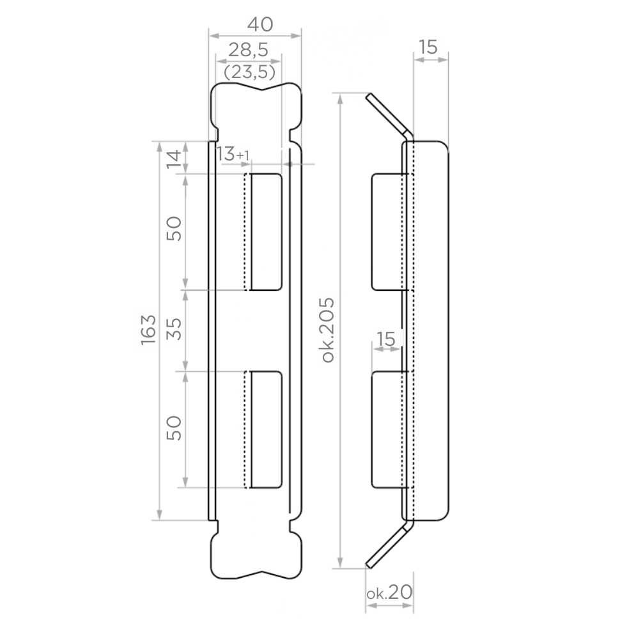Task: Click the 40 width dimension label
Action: tap(260, 24)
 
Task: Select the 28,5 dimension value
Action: tap(248, 50)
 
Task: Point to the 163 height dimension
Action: tap(148, 330)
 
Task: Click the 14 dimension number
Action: tap(174, 159)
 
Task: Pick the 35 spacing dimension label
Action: tap(174, 329)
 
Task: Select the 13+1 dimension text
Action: tap(233, 154)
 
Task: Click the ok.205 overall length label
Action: tap(328, 330)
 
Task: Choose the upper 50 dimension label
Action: tap(174, 228)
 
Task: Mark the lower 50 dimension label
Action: tap(174, 428)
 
